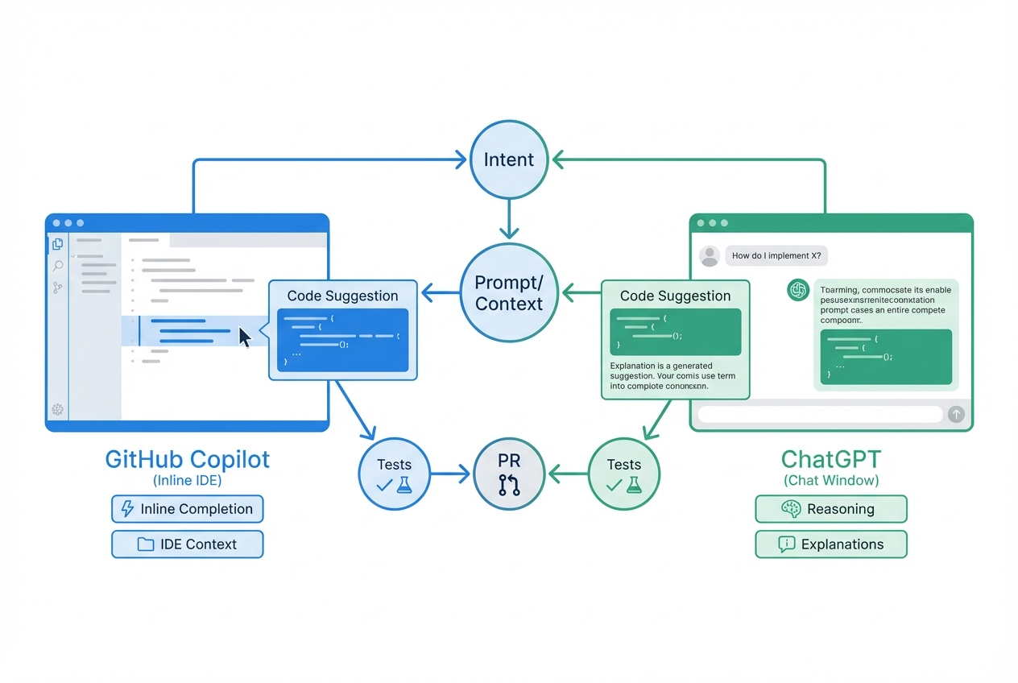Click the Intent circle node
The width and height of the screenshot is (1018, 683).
pyautogui.click(x=508, y=159)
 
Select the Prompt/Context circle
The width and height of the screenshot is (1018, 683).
pyautogui.click(x=508, y=293)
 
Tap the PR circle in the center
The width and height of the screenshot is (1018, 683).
pyautogui.click(x=508, y=474)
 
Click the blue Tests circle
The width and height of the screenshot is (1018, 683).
pyautogui.click(x=394, y=474)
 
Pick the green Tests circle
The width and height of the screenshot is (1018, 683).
pyautogui.click(x=623, y=474)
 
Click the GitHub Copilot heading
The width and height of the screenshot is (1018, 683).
pyautogui.click(x=187, y=460)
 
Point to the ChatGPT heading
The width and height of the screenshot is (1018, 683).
pyautogui.click(x=830, y=460)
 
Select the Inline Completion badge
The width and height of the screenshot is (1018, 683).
pyautogui.click(x=187, y=509)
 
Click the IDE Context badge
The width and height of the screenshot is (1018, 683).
pyautogui.click(x=187, y=544)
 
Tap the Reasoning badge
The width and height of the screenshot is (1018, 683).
pyautogui.click(x=830, y=509)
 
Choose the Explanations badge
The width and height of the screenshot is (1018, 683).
pyautogui.click(x=830, y=544)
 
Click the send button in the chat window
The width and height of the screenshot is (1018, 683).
pyautogui.click(x=955, y=414)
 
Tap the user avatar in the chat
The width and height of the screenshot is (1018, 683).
pyautogui.click(x=709, y=256)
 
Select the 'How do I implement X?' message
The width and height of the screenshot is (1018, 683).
pyautogui.click(x=776, y=256)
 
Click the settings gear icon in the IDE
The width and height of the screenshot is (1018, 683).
pyautogui.click(x=58, y=409)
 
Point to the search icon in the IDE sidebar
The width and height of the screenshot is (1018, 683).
pyautogui.click(x=58, y=266)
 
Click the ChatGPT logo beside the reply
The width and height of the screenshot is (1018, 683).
pyautogui.click(x=797, y=290)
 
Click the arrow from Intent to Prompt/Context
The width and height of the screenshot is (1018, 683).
pyautogui.click(x=508, y=219)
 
